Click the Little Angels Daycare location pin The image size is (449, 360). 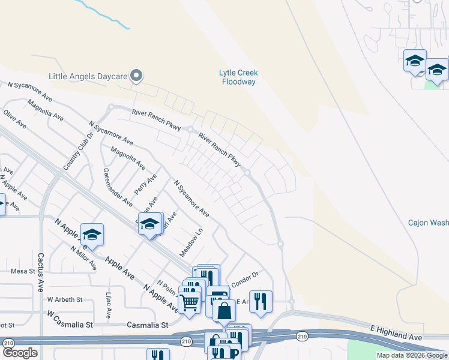136,76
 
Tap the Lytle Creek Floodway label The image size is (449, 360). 238,77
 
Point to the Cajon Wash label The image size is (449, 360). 428,223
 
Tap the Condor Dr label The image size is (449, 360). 244,276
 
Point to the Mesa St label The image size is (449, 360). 23,271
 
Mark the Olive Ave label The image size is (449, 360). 15,119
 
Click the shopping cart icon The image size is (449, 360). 189,303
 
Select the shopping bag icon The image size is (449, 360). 224,310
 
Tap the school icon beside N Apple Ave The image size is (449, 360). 92,234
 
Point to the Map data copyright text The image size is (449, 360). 411,355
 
